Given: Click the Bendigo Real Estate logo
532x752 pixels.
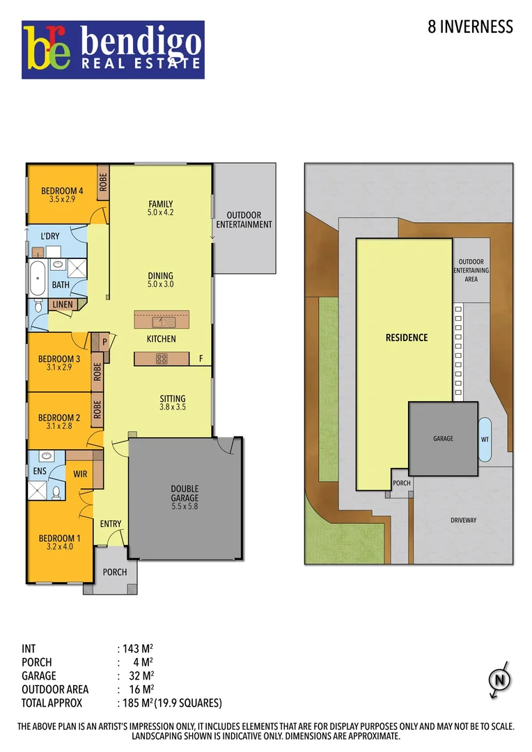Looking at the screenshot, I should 113,49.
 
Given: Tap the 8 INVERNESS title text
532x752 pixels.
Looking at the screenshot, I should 470,27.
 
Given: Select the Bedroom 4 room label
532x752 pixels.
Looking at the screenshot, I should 62,191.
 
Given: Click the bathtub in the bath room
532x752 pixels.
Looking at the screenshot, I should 37,277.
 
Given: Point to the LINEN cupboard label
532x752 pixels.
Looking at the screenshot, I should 63,304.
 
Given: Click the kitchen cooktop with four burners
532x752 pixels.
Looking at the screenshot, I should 161,359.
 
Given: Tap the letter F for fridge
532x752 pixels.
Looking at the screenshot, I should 201,359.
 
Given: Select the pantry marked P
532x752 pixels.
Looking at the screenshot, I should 104,341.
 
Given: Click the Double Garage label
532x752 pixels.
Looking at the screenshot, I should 185,494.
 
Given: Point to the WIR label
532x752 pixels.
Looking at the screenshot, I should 79,474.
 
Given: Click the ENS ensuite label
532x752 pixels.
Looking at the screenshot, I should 39,471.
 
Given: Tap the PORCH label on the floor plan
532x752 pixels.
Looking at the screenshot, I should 115,572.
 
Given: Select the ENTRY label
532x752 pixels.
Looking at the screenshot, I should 111,524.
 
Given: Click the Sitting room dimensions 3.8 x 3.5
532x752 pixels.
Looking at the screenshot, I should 173,407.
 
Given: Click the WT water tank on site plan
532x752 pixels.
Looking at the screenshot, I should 485,439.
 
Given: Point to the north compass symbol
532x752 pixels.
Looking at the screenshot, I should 499,680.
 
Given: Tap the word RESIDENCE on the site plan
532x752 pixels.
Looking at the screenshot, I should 407,338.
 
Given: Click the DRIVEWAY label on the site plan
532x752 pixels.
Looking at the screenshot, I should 462,519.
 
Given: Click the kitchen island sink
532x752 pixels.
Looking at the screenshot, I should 161,322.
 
